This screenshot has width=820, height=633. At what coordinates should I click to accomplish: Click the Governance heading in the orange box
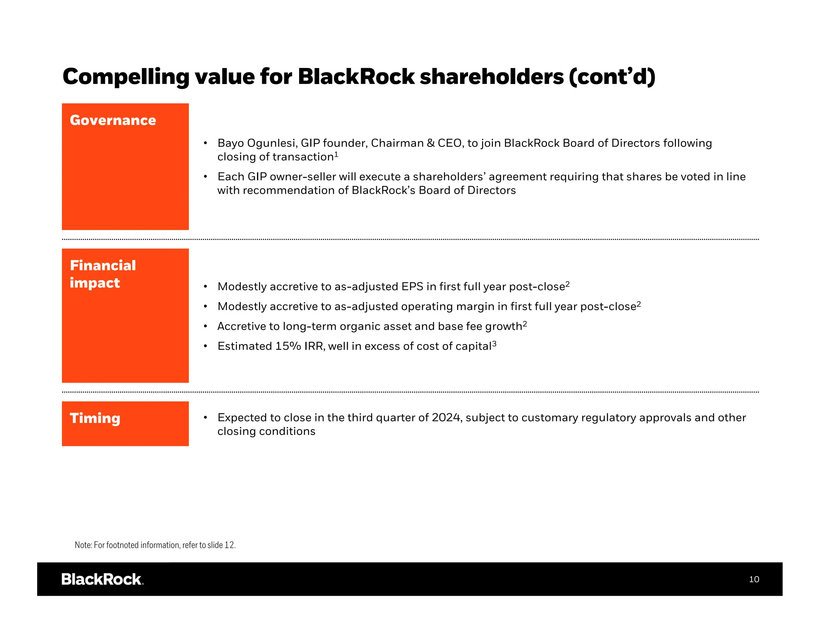[113, 120]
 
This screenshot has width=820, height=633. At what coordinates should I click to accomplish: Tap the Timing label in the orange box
[95, 418]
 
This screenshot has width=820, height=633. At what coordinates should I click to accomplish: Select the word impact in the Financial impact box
[95, 283]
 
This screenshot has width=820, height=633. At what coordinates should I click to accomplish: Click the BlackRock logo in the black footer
[102, 579]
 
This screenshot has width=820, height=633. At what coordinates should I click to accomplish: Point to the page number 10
[754, 579]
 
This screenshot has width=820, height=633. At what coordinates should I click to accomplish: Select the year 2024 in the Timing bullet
[446, 418]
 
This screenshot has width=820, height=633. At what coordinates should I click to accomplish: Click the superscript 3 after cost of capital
[494, 343]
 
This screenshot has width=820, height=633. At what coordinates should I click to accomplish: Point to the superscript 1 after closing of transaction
[336, 154]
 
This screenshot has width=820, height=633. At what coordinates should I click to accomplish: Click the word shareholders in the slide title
[492, 77]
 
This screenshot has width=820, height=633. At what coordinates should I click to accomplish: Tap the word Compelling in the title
[126, 77]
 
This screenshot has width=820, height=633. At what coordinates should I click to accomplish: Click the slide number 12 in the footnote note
[229, 545]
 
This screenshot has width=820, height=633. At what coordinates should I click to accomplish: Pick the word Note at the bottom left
[83, 545]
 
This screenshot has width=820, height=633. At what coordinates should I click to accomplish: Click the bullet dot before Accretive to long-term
[205, 326]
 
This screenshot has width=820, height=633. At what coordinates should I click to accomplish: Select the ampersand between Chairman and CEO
[431, 143]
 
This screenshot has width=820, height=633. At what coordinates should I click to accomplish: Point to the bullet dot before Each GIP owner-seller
[205, 176]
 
